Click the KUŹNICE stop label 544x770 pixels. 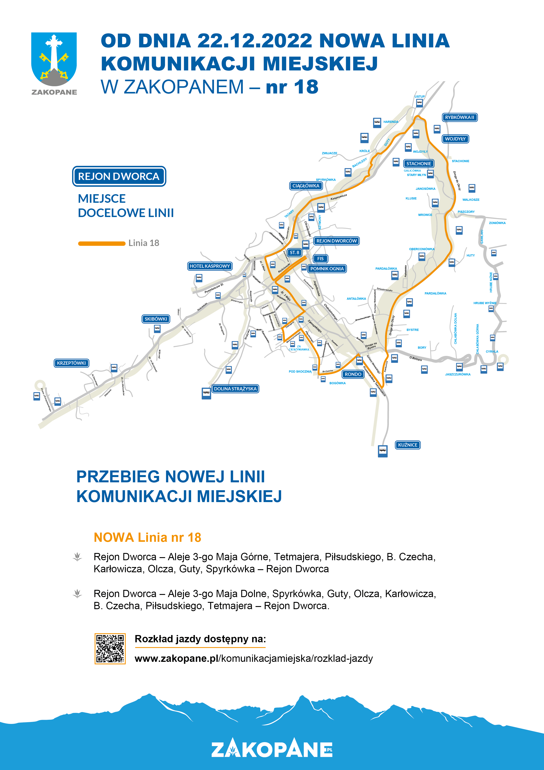(x=408, y=445)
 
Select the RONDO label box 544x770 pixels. (x=353, y=374)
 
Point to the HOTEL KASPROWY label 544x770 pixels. (x=210, y=266)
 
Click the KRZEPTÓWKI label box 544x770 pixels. (x=71, y=363)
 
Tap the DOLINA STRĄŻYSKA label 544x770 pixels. (x=235, y=389)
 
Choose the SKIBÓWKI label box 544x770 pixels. (x=156, y=319)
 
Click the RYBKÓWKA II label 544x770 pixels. (x=459, y=117)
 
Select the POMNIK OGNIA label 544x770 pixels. (x=327, y=269)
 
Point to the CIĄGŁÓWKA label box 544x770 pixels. (x=306, y=186)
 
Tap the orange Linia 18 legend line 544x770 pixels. (x=101, y=244)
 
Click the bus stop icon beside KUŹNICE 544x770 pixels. (x=382, y=451)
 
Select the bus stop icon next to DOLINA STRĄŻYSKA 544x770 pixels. (x=206, y=393)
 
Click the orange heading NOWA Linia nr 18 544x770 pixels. (x=147, y=537)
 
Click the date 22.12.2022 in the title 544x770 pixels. (x=255, y=41)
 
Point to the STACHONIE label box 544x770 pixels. (x=419, y=164)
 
